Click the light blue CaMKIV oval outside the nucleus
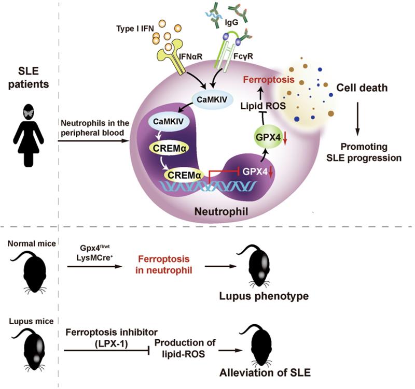tap(212, 99)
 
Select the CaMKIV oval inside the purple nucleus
tap(168, 122)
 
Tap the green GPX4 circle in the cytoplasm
tap(268, 137)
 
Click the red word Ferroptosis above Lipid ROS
tap(269, 80)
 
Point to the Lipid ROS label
tap(263, 106)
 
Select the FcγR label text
tap(243, 56)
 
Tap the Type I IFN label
tap(135, 28)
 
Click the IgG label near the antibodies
tap(231, 23)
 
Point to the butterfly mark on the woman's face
tap(29, 112)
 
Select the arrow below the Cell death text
tap(357, 119)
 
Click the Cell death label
tap(362, 88)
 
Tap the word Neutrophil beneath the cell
tap(222, 211)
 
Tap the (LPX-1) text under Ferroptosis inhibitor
tap(111, 344)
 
